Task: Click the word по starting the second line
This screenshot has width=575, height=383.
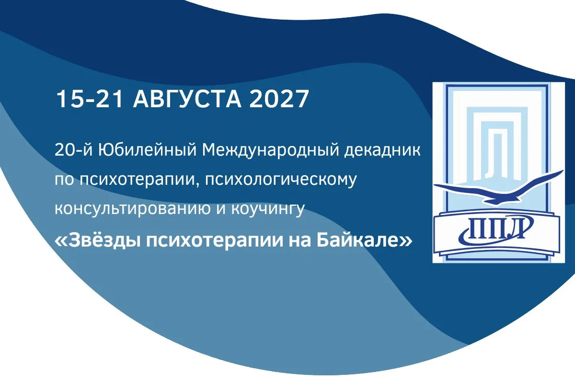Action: tap(65, 180)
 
